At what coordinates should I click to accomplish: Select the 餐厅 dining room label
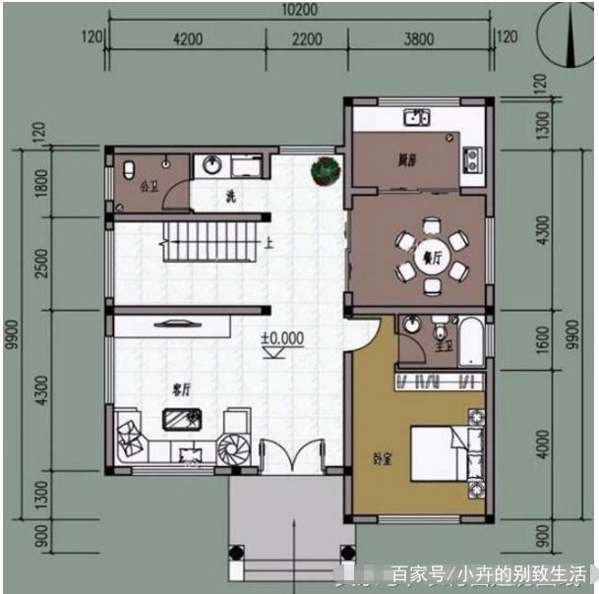click(431, 258)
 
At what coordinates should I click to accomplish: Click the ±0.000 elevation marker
click(283, 339)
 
